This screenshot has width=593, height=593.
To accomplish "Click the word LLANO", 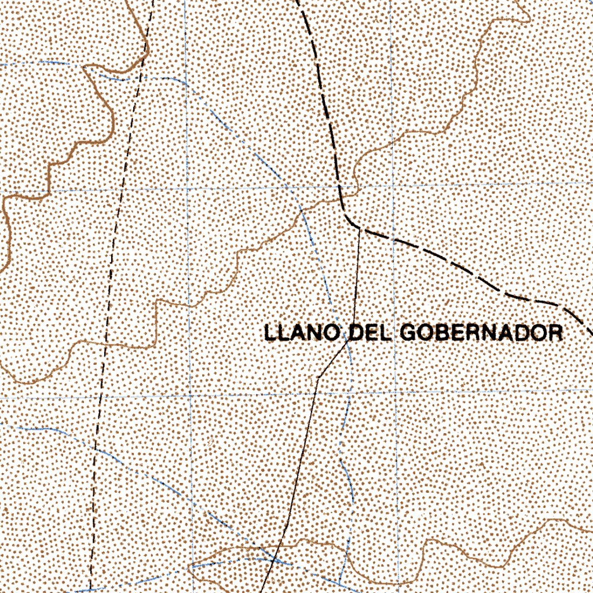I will (301, 333).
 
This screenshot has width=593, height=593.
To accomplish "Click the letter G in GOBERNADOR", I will (408, 333).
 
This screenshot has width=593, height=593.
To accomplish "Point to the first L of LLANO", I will (270, 333).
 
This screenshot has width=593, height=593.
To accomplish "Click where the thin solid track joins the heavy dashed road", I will (360, 229).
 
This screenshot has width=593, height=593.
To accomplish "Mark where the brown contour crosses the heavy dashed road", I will (341, 198).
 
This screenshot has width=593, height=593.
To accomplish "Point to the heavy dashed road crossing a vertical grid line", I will (393, 239).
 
